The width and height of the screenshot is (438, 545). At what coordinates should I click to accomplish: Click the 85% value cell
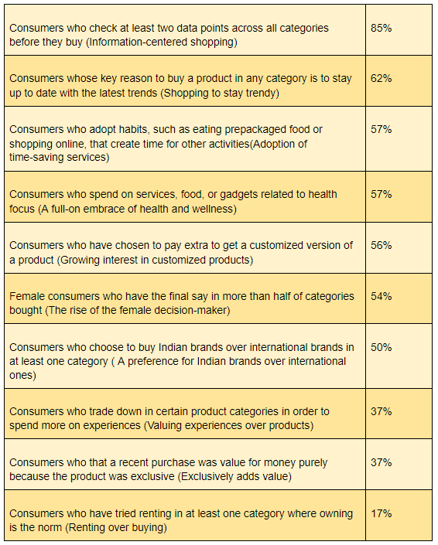point(382,27)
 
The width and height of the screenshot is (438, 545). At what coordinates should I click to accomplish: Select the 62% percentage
point(382,78)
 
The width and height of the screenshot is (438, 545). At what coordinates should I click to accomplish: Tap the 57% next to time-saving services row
point(382,129)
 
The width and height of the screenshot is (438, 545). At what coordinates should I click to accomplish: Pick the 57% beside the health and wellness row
point(382,194)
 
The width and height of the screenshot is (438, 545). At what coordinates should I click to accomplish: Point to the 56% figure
point(382,245)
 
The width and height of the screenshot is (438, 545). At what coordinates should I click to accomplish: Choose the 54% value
point(382,296)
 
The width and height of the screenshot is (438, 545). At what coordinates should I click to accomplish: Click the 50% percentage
point(382,347)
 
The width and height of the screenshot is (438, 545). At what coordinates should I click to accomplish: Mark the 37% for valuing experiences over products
point(382,411)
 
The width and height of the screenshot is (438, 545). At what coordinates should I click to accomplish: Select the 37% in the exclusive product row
point(382,462)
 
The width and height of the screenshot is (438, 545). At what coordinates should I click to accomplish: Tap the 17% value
point(382,513)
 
